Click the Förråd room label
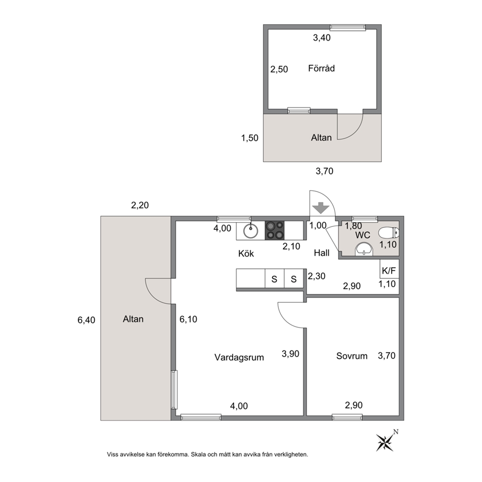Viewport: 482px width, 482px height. tap(321, 68)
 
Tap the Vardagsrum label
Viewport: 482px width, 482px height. tap(239, 357)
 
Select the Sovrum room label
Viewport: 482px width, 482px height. tap(352, 356)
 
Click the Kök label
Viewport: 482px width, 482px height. tap(246, 253)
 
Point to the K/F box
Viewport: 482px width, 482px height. tap(389, 269)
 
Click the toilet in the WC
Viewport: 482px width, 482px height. tap(389, 233)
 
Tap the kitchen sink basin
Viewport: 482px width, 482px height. tap(251, 230)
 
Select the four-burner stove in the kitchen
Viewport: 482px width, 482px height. tap(275, 230)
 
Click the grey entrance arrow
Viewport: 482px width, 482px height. tap(321, 207)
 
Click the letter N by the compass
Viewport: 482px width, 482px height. tap(396, 432)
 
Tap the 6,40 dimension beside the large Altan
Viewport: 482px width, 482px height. tap(86, 320)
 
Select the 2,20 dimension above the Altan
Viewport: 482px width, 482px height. tap(140, 205)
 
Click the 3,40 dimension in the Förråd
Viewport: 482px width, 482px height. tap(322, 37)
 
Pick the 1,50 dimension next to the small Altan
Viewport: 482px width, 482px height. tap(250, 138)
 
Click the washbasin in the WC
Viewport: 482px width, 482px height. tap(364, 249)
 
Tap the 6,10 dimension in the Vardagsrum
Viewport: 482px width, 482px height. tap(189, 319)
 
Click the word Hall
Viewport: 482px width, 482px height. tap(322, 253)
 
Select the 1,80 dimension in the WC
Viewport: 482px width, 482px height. tap(353, 226)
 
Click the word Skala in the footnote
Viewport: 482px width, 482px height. tap(198, 454)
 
